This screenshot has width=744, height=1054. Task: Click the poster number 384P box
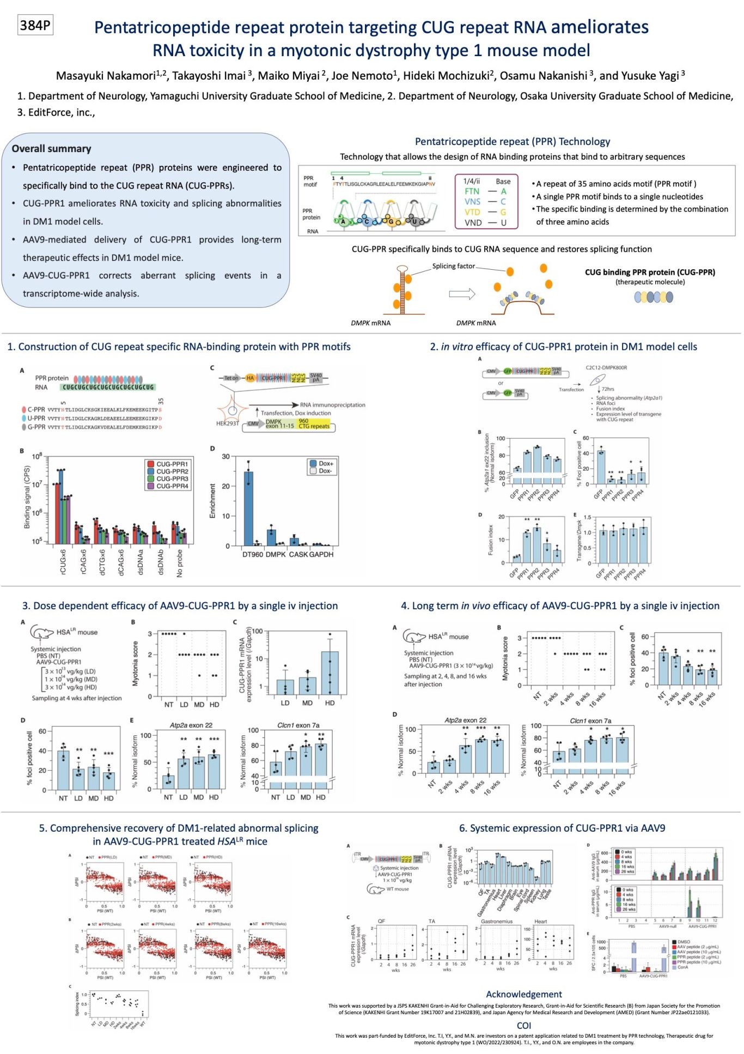[35, 26]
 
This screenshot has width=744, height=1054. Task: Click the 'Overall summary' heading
[51, 149]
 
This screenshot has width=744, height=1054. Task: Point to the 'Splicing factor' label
[453, 266]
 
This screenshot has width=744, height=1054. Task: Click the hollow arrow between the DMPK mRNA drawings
[461, 294]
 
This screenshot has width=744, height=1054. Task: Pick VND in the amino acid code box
[473, 222]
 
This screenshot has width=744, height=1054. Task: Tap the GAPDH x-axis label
[321, 554]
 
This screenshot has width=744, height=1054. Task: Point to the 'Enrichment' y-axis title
[212, 501]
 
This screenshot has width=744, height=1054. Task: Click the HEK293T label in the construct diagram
[227, 423]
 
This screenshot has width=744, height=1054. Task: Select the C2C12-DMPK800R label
[606, 367]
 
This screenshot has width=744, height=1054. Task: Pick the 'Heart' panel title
[540, 921]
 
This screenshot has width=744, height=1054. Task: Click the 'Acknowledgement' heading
[523, 994]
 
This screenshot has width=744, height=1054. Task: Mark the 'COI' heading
[523, 1025]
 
